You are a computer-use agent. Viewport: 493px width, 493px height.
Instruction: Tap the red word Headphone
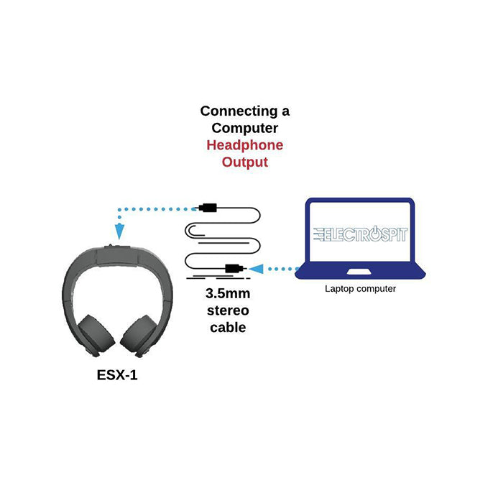pyautogui.click(x=244, y=145)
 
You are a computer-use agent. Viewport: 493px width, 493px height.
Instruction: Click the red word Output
pyautogui.click(x=244, y=162)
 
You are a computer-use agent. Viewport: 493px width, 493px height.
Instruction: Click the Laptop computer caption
pyautogui.click(x=360, y=289)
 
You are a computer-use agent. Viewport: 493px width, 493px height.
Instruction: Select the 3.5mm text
pyautogui.click(x=226, y=295)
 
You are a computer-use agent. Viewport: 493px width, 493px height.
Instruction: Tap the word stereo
pyautogui.click(x=226, y=311)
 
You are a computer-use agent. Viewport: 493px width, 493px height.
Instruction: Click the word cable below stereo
pyautogui.click(x=226, y=328)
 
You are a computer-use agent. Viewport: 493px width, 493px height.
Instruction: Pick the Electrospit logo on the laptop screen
pyautogui.click(x=359, y=235)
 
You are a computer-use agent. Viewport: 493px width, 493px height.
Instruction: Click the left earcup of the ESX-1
pyautogui.click(x=93, y=333)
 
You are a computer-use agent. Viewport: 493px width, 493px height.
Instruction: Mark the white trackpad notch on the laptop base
pyautogui.click(x=359, y=272)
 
